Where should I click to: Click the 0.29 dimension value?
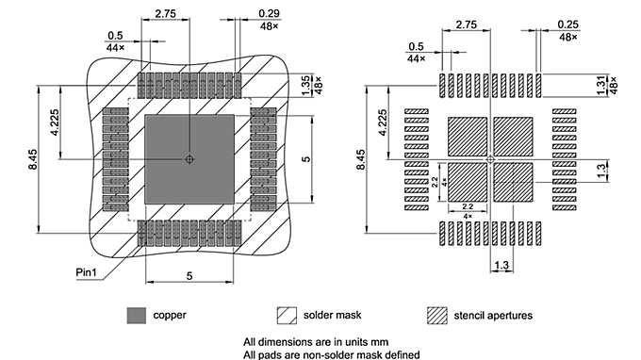268,14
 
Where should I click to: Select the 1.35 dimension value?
304,84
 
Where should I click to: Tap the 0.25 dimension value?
567,24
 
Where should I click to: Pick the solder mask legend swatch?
287,315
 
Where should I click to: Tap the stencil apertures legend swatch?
437,315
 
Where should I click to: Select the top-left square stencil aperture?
467,137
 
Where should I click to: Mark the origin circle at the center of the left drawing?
189,159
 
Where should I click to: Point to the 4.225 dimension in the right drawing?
382,123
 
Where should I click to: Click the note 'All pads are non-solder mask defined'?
331,353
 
